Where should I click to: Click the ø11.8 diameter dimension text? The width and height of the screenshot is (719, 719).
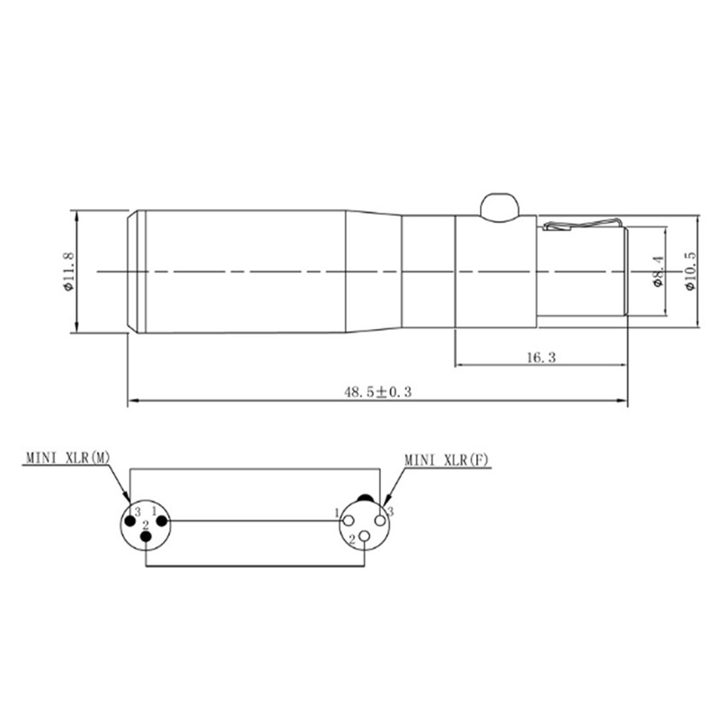click(67, 272)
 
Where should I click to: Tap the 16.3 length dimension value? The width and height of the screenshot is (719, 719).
click(540, 357)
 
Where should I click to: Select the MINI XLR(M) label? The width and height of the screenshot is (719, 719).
click(67, 458)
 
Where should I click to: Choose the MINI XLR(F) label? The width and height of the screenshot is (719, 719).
click(447, 459)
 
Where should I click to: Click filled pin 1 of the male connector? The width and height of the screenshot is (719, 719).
click(163, 519)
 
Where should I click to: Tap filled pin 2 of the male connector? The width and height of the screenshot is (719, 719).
click(147, 537)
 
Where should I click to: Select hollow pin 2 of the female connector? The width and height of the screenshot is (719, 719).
click(364, 537)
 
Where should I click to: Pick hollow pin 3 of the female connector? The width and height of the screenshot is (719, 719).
click(381, 519)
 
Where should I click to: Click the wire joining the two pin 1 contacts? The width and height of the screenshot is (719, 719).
click(252, 519)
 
